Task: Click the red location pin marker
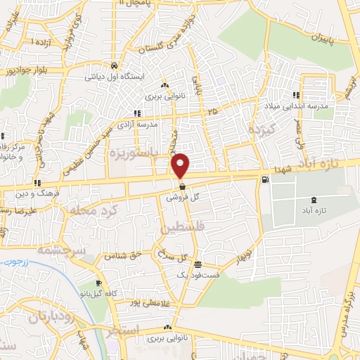click(x=181, y=165)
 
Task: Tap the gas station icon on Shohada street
click(x=264, y=179)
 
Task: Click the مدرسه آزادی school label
click(x=160, y=124)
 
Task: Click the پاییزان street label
click(x=309, y=35)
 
